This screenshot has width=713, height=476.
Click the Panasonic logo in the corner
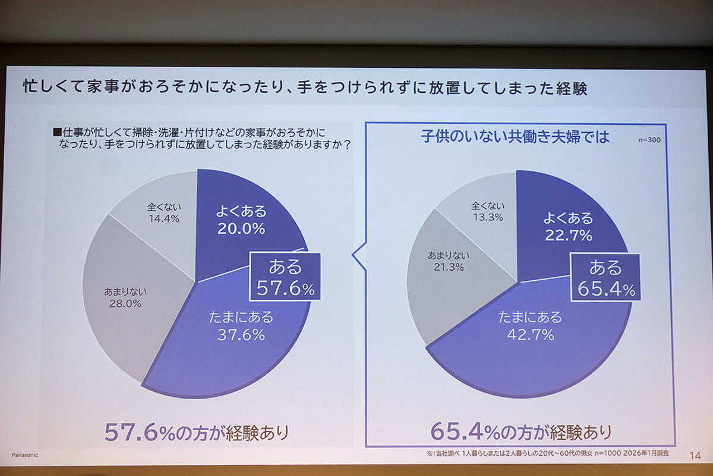[x=24, y=454]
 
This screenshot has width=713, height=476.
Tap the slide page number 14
[x=695, y=455]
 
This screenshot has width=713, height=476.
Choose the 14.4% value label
[x=163, y=218]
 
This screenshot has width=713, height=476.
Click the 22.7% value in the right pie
[x=568, y=235]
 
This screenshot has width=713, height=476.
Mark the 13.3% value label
[x=488, y=217]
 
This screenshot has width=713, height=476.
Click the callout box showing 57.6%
[x=285, y=276]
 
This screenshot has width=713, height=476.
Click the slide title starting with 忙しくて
[x=304, y=89]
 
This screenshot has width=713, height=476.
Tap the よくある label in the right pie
[x=568, y=217]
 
